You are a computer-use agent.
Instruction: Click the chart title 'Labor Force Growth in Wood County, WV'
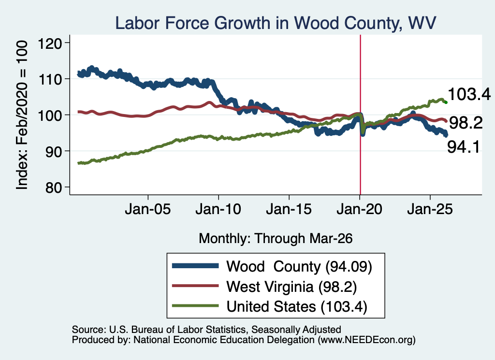275,23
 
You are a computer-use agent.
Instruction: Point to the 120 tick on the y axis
50,43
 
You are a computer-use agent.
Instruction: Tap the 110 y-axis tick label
50,79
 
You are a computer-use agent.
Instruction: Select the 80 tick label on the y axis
53,187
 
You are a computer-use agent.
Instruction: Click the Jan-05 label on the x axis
148,209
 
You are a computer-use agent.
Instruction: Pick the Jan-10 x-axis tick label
218,209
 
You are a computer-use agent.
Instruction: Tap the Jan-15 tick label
289,209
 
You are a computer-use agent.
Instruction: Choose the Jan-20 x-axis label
359,209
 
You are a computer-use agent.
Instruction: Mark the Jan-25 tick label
430,209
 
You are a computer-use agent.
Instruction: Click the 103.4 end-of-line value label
469,94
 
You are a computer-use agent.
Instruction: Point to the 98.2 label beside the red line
466,122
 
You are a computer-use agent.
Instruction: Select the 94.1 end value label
464,147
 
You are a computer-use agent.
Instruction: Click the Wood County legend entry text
299,267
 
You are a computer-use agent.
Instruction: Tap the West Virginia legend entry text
291,287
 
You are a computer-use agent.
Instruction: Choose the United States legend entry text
297,307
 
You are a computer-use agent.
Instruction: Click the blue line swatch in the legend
195,266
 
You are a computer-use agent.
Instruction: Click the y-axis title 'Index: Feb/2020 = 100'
22,115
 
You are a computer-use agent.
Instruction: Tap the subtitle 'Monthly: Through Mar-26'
276,239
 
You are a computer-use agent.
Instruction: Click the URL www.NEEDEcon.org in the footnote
366,340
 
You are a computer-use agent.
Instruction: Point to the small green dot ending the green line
446,102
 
